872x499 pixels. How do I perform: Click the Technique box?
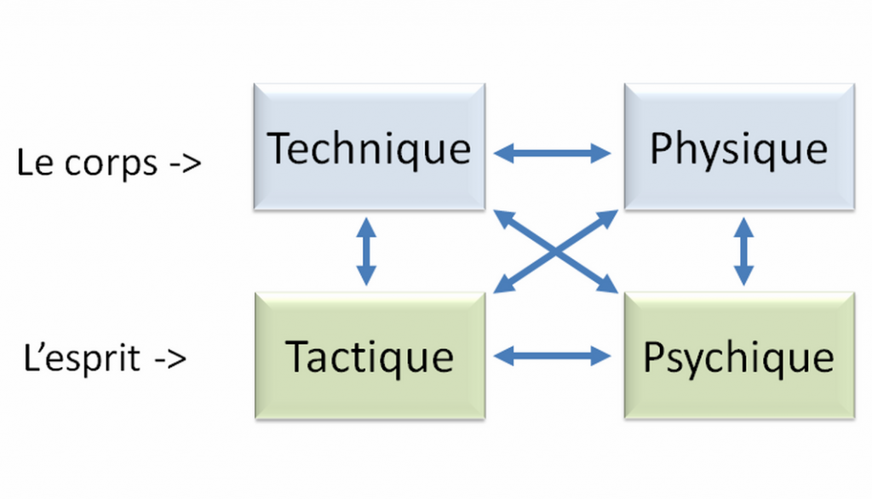370,146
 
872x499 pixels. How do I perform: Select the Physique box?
738,146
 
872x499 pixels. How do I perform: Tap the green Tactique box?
370,356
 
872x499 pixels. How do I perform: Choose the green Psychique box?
738,356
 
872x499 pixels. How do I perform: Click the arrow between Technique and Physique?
554,153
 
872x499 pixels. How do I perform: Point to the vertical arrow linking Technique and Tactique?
366,250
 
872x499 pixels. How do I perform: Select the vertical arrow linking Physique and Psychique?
744,250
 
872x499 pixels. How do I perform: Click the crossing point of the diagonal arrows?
555,250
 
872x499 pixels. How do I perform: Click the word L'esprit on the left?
83,358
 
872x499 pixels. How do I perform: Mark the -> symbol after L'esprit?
170,358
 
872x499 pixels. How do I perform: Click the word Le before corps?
35,163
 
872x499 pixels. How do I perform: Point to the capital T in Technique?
281,148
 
